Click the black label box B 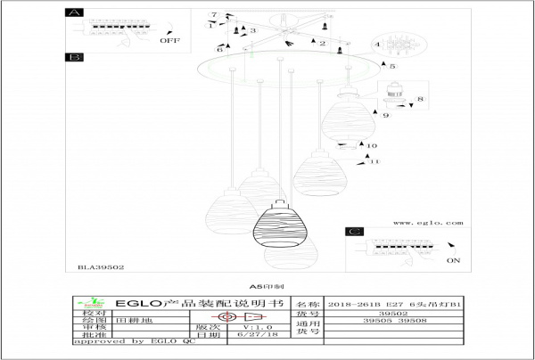pos(75,58)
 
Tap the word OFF pos(169,41)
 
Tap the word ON pos(451,260)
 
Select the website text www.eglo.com pos(427,223)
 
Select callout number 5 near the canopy pos(392,66)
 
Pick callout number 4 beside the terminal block pos(377,44)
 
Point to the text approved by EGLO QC pos(133,343)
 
